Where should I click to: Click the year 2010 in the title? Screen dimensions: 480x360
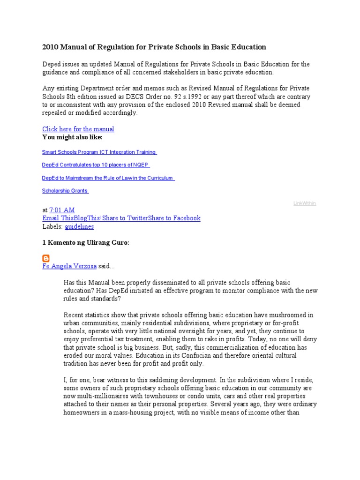point(50,47)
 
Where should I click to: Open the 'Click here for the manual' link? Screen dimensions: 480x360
point(78,129)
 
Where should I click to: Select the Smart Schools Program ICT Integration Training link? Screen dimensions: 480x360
point(99,152)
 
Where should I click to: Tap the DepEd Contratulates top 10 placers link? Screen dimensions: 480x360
point(96,165)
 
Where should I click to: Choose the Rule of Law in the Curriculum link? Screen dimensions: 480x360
point(108,178)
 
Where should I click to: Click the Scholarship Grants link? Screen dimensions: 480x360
point(65,191)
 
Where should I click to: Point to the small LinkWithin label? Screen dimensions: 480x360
point(305,203)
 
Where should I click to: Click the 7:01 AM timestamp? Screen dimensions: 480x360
point(62,210)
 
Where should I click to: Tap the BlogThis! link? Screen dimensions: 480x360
point(88,218)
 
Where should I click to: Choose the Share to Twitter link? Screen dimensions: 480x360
point(125,218)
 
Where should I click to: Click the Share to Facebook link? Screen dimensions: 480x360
point(174,218)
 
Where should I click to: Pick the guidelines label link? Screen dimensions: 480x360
point(79,226)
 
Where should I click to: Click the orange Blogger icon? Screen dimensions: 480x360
point(46,258)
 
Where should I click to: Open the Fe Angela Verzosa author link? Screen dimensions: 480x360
point(69,266)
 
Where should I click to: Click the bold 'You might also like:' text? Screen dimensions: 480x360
point(72,137)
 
